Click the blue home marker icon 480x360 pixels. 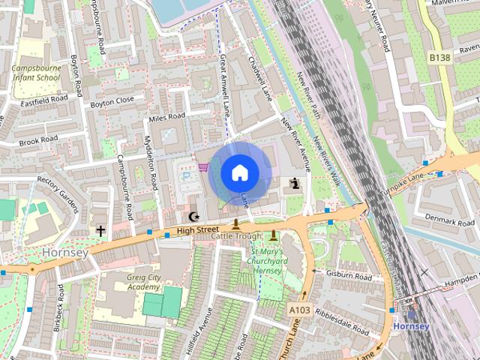coord(238,172)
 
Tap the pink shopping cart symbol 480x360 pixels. coord(202,166)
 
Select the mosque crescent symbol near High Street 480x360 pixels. coord(194,217)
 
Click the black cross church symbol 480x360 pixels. coord(100,231)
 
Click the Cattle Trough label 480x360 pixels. coord(236,235)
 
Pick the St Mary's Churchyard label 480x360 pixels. coord(268,261)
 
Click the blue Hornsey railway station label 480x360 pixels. coord(411,326)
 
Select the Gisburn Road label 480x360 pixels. coord(349,275)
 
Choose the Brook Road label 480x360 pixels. coord(38,140)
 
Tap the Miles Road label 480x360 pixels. coord(166,117)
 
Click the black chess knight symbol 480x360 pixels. coord(296,183)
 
